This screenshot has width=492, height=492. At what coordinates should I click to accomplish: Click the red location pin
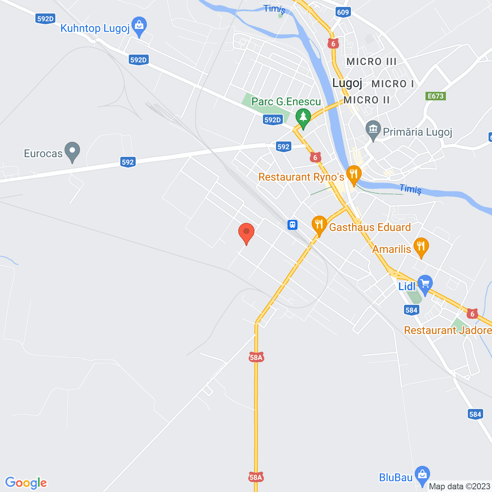246,233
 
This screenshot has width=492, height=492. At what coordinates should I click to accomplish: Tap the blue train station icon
293,224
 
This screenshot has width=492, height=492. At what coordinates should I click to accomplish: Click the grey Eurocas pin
72,151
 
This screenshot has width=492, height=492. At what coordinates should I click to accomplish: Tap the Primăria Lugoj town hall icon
373,130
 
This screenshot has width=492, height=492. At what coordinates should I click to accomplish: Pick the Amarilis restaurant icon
421,247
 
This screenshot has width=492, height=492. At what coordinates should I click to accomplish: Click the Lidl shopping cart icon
425,285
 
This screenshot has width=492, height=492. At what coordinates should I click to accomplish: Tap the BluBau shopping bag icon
422,475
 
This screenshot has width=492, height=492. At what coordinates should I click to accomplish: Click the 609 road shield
343,12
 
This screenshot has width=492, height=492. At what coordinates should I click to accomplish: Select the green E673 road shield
436,96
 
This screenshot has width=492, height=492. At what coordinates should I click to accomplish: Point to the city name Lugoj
347,83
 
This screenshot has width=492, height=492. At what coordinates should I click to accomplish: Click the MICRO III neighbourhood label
371,61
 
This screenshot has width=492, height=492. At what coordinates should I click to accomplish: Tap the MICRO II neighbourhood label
367,100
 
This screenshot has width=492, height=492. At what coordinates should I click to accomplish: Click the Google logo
26,483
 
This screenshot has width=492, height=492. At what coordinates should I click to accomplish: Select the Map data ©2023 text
459,487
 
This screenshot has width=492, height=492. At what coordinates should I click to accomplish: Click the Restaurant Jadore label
448,331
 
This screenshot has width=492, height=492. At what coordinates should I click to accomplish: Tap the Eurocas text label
43,154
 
